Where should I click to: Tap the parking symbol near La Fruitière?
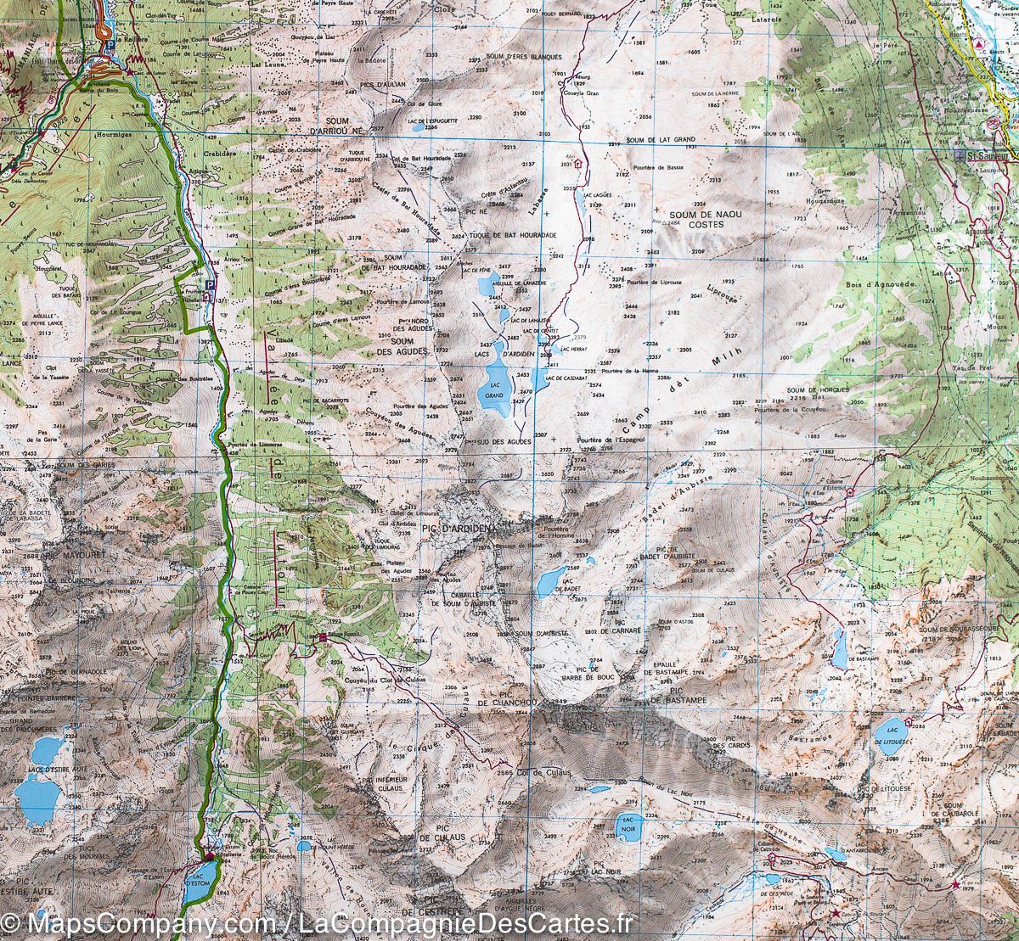pos(209,286)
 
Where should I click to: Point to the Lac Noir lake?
pos(628,826)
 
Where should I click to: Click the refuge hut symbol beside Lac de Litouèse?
pos(909,722)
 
